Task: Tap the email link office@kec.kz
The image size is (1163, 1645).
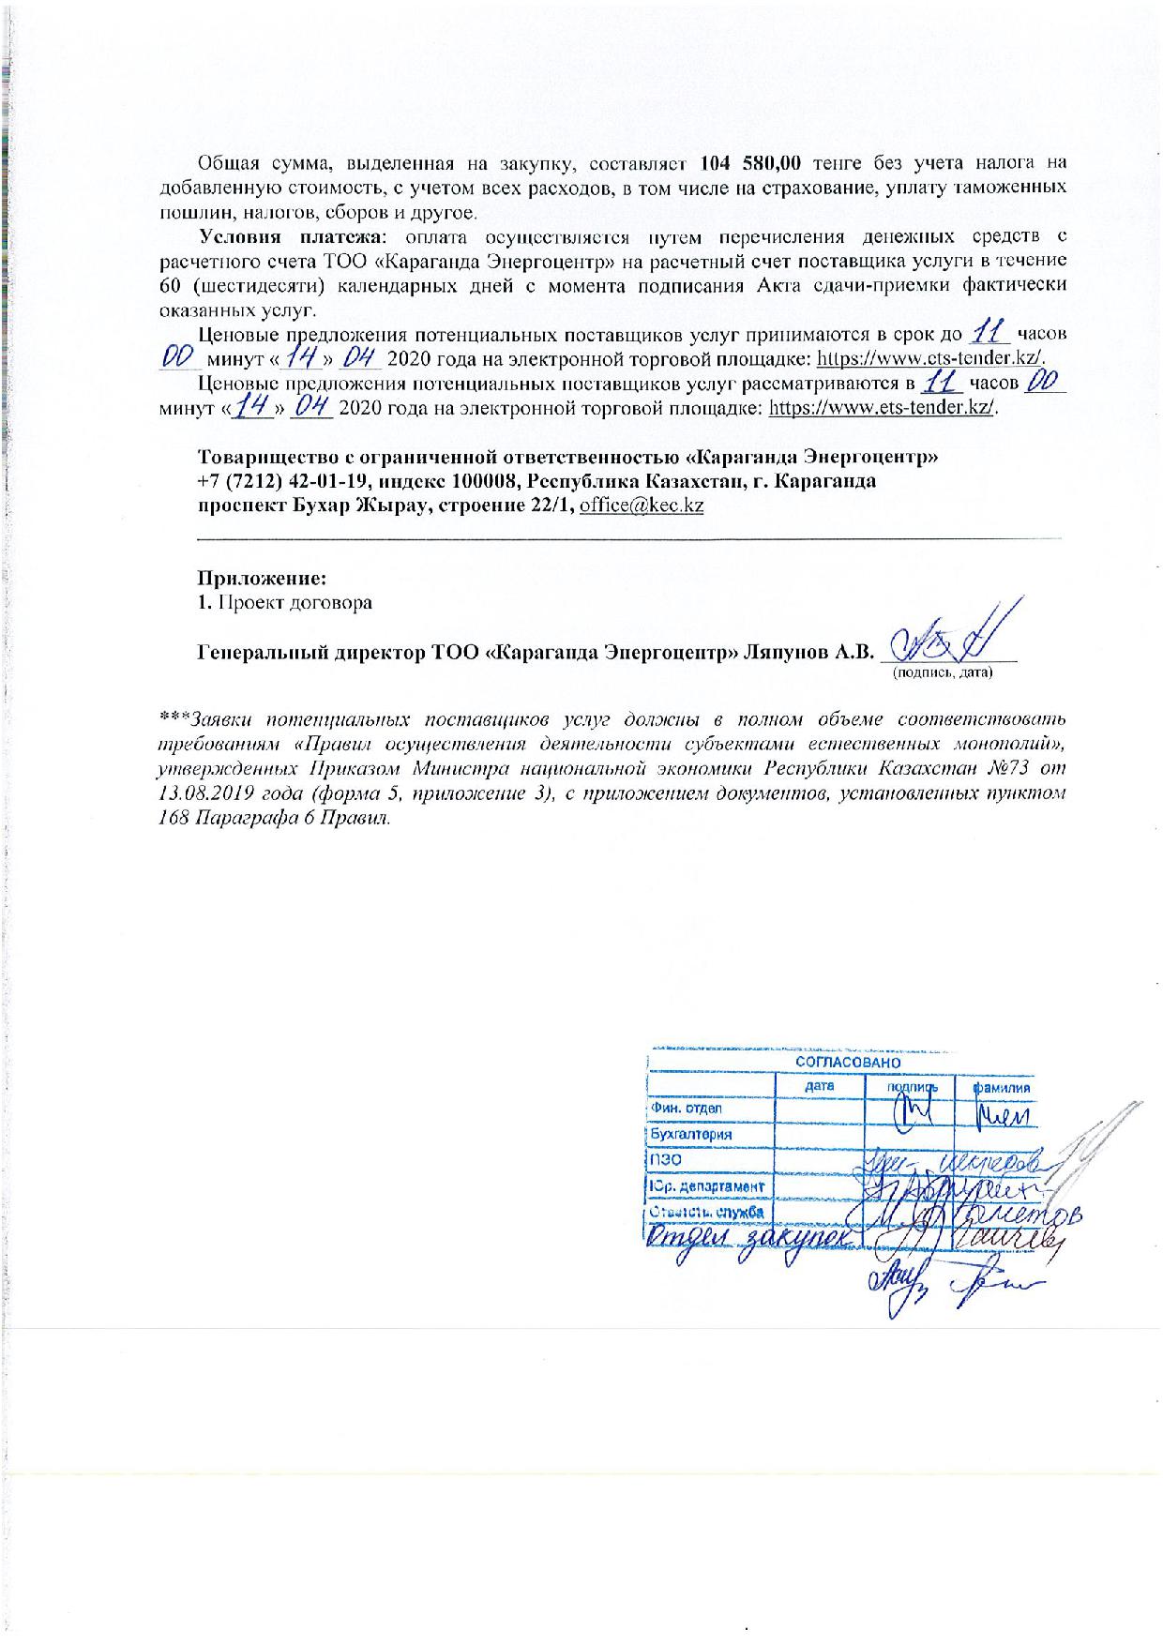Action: [x=642, y=505]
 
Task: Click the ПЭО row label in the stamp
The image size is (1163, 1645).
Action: [x=665, y=1160]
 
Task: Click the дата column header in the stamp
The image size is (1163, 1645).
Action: [x=819, y=1086]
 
